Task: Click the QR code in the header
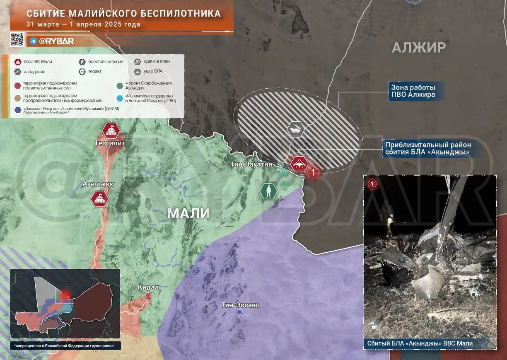(17, 39)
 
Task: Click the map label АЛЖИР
(419, 48)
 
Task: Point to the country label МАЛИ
(188, 213)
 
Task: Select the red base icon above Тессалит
(111, 131)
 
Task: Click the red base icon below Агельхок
(100, 198)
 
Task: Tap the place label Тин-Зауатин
(251, 164)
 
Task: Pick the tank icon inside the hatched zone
(296, 129)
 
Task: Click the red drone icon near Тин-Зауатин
(298, 164)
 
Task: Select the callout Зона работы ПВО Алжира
(413, 91)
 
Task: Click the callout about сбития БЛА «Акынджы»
(428, 149)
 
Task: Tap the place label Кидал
(148, 288)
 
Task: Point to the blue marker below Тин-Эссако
(239, 313)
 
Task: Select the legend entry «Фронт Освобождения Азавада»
(145, 86)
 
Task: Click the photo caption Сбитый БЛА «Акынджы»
(420, 343)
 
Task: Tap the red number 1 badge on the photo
(373, 184)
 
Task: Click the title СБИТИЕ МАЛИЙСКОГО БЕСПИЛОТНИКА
(123, 13)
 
